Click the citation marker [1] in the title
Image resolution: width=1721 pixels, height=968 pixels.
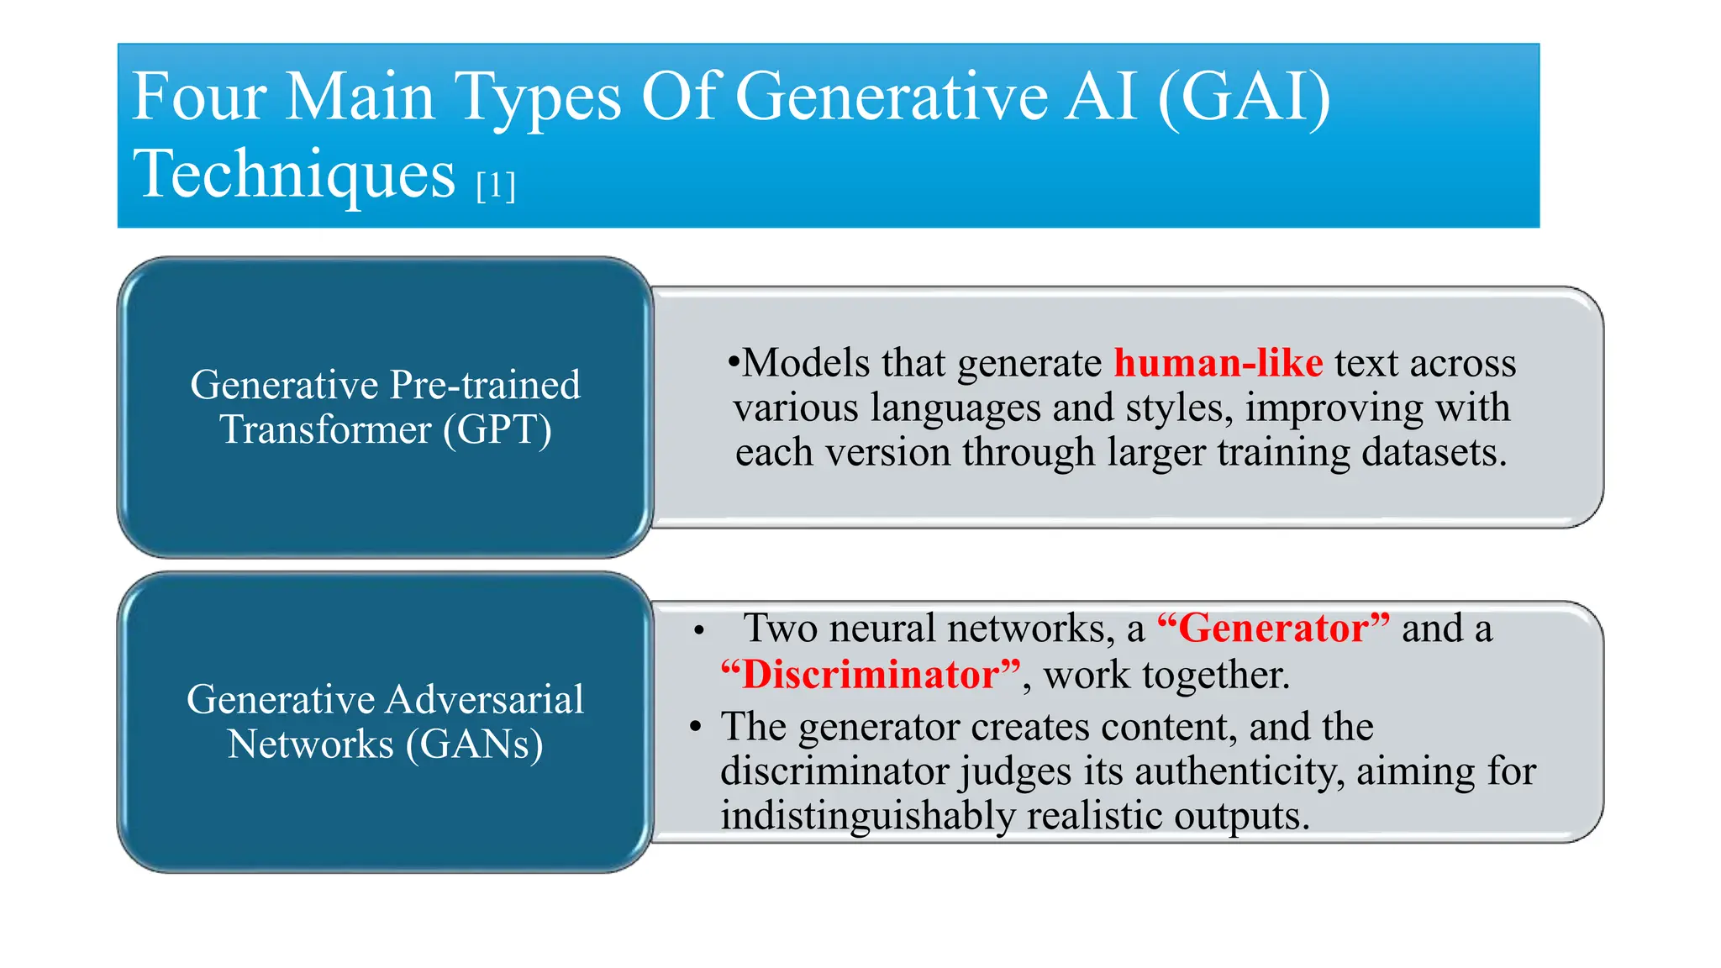495,185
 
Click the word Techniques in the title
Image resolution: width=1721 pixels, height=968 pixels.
294,174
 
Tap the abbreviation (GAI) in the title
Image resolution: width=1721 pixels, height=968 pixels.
1244,97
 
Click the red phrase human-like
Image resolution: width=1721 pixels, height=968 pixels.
1218,363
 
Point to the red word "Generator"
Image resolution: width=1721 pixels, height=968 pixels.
1273,629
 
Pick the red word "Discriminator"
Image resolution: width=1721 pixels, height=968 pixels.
871,675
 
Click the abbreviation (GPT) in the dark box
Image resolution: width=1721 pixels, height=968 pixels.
497,429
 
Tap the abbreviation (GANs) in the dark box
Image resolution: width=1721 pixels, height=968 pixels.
474,744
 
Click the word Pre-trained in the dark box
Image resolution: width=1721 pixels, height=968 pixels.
485,385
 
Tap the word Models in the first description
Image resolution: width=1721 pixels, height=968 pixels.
806,363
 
